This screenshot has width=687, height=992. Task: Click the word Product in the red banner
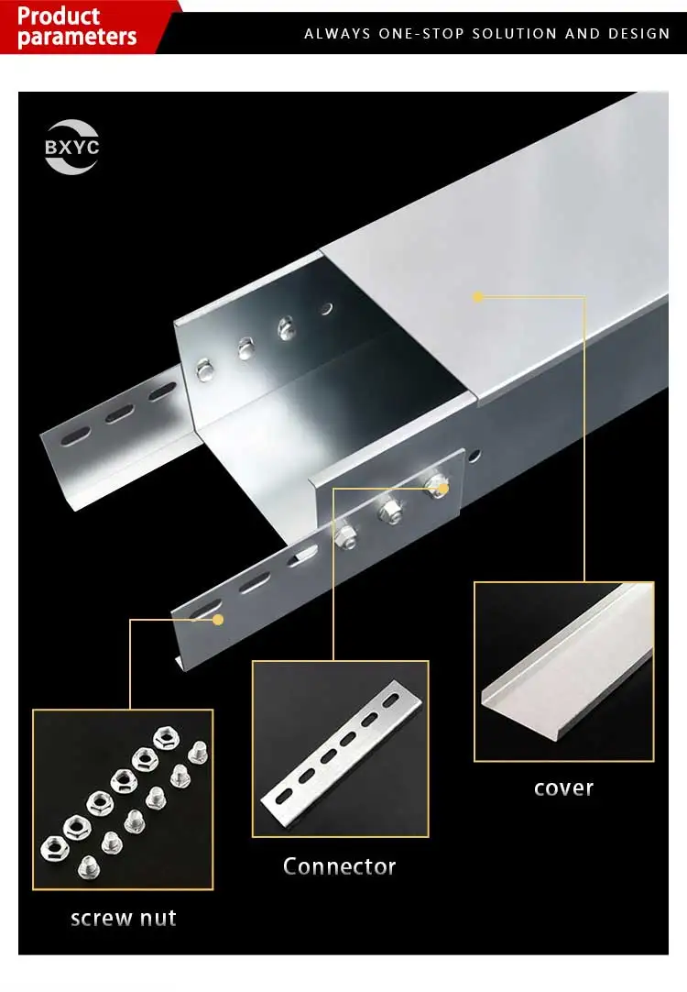coord(59,16)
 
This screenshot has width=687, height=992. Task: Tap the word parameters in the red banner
coord(77,38)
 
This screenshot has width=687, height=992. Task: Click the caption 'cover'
coord(563,788)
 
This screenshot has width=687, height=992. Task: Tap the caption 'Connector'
coord(339,866)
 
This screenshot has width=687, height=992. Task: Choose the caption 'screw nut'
coord(123,918)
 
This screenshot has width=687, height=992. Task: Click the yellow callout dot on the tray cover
coord(477,296)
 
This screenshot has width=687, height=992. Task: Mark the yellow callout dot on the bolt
coord(442,490)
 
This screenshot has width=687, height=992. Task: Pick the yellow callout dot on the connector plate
coord(218,620)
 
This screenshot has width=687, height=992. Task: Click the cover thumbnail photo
coord(563,671)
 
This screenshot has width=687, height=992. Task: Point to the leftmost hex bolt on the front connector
coord(346,534)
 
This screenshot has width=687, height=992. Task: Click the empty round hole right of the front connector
coord(474,456)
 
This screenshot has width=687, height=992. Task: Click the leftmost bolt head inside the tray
coord(203,370)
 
